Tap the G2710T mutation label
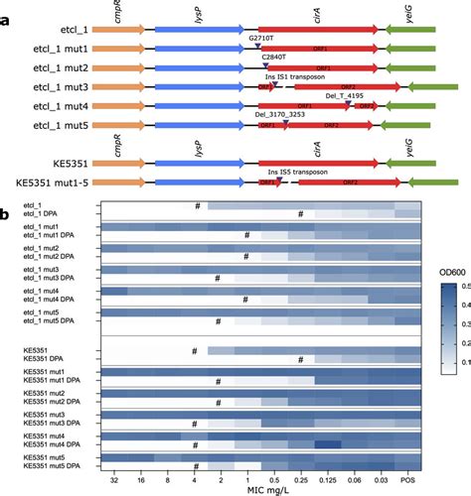pyautogui.click(x=265, y=36)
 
